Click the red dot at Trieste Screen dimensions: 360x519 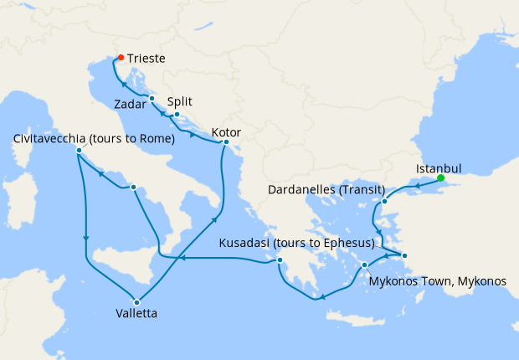coord(121,58)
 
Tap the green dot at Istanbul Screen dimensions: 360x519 coord(441,177)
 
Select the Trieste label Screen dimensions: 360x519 coord(146,59)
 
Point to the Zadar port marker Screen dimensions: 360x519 coord(152,98)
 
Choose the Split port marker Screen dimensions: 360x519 coord(177,114)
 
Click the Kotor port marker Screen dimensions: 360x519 coord(225,142)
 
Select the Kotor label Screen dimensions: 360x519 coord(228,131)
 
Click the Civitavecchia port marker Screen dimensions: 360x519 coord(79,151)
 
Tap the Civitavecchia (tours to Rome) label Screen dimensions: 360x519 coord(93,138)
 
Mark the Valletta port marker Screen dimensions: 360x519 coord(136,302)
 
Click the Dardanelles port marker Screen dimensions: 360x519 coord(384,202)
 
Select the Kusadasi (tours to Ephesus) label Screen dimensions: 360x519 coord(295,244)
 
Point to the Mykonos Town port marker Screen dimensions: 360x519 coord(365,265)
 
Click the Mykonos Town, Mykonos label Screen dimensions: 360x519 coord(437,281)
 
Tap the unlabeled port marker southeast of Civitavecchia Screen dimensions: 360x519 coord(132,188)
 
